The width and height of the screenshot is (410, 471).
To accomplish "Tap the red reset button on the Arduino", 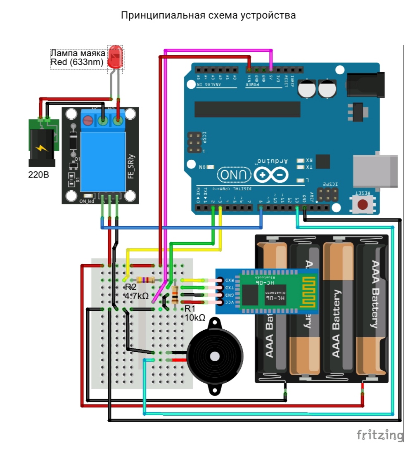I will tap(363, 204).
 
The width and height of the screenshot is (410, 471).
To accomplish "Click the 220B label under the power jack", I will tap(38, 175).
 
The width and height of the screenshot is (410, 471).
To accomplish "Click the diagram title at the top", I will tap(209, 16).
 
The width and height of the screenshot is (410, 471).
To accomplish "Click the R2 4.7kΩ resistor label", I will tap(136, 291).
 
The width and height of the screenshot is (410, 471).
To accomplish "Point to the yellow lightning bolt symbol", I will tap(41, 147).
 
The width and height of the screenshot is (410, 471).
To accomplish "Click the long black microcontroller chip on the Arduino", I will tap(247, 109).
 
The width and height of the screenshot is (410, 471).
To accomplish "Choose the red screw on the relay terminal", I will tap(88, 121).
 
